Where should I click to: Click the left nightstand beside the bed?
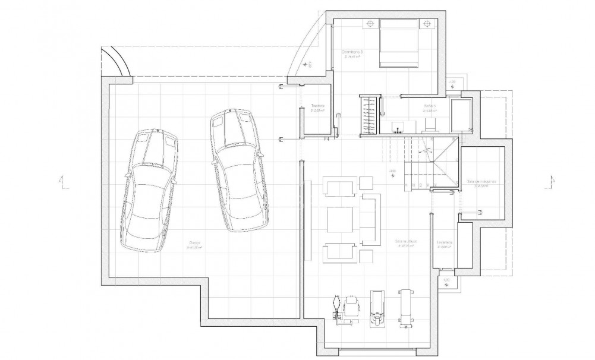[370, 24]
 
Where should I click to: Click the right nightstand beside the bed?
[427, 24]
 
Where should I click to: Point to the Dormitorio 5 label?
[352, 53]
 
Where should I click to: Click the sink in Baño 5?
[398, 125]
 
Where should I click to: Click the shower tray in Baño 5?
[461, 115]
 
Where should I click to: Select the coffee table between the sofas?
[341, 220]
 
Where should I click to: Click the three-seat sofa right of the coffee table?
[372, 219]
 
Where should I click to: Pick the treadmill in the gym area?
[376, 307]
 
